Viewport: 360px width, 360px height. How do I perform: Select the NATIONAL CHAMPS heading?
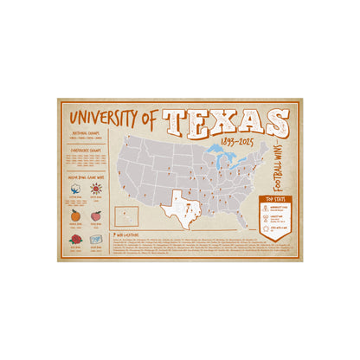pos(87,134)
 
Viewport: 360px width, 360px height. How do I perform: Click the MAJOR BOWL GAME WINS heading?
pos(87,176)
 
